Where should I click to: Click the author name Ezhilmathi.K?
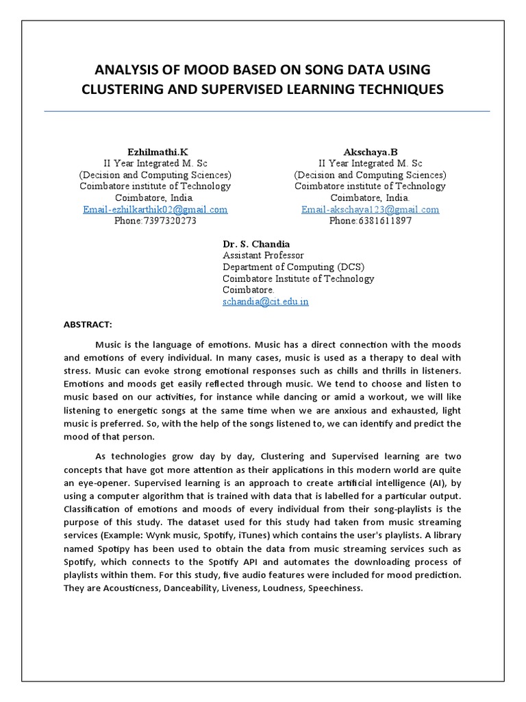click(155, 151)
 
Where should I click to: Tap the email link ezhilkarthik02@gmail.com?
click(155, 210)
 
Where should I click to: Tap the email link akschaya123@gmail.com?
click(370, 210)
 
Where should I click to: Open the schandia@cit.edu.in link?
click(265, 302)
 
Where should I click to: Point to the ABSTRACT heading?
click(88, 323)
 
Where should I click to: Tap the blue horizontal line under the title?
click(267, 110)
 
